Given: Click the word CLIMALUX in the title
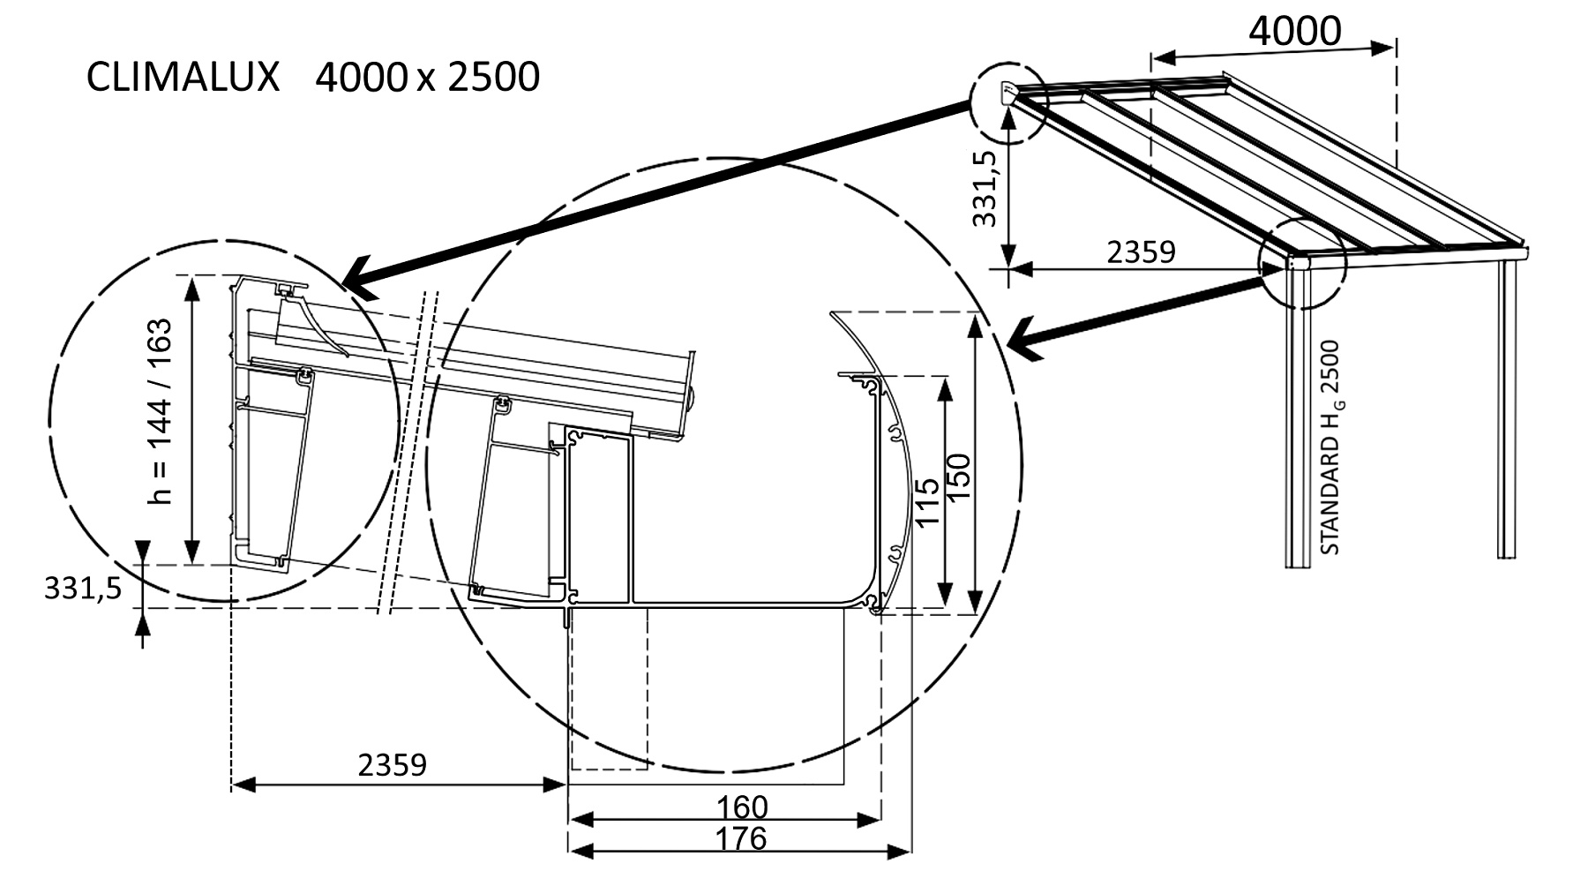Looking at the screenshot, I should click(x=183, y=78).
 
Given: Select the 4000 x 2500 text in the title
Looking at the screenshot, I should click(x=427, y=78).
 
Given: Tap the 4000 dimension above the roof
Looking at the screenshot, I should click(x=1294, y=31).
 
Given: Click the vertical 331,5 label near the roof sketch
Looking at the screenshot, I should click(x=985, y=188).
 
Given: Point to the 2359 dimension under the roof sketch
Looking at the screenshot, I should click(x=1141, y=252).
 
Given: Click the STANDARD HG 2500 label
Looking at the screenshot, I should click(x=1330, y=447).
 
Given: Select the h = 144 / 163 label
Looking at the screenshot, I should click(x=160, y=411).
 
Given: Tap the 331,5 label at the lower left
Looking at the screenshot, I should click(x=83, y=589).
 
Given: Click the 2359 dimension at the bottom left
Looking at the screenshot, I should click(x=392, y=764).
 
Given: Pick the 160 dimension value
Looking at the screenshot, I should click(x=741, y=807).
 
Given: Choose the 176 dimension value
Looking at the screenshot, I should click(x=741, y=838).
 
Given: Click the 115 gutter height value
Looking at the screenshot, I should click(x=926, y=503).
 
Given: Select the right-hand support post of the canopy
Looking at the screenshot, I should click(x=1507, y=406).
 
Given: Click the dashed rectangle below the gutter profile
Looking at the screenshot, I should click(x=609, y=688).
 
